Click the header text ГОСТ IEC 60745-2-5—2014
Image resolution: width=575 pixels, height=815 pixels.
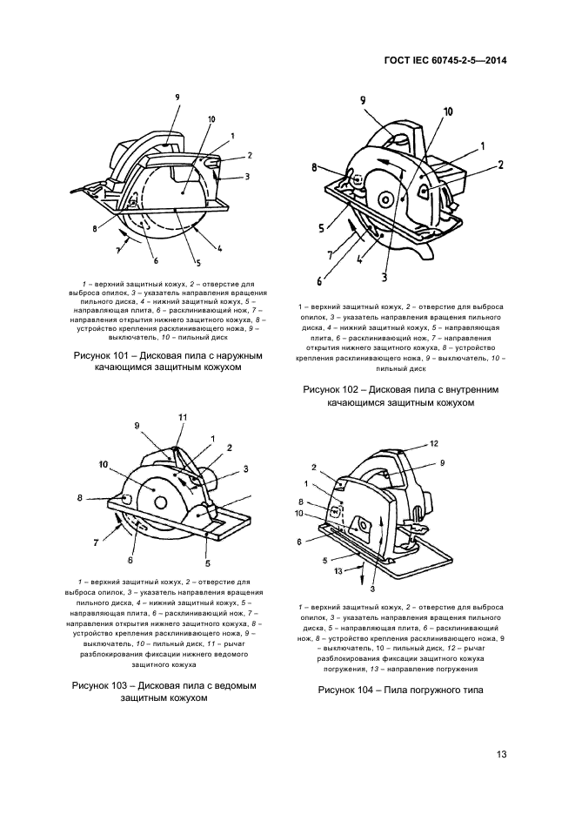[446, 61]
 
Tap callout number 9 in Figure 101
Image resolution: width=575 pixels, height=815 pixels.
[177, 97]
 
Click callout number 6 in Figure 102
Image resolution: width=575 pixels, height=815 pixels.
[319, 281]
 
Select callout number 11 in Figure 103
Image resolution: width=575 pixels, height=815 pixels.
[183, 418]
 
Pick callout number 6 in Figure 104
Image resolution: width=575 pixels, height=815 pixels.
[302, 542]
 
